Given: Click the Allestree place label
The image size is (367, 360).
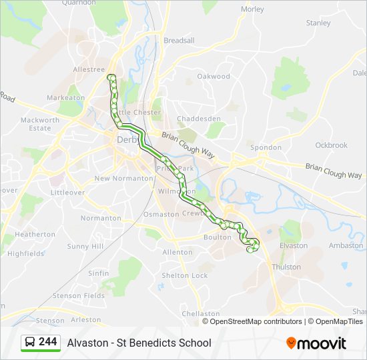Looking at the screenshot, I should (x=89, y=69).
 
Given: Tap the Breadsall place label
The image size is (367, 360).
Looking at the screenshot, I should (x=179, y=41).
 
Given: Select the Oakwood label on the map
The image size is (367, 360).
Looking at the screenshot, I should (x=214, y=77).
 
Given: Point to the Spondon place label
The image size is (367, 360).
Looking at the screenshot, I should (x=266, y=147).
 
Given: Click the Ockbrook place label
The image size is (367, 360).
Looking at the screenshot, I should (x=332, y=145).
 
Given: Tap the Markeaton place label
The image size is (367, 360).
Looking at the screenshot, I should (x=66, y=98).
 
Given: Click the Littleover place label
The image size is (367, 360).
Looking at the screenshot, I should (x=67, y=192).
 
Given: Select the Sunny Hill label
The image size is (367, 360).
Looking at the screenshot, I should (x=85, y=247).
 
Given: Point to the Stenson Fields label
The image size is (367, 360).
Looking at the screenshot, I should (x=79, y=295).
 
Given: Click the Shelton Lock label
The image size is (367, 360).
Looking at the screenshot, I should (x=185, y=276).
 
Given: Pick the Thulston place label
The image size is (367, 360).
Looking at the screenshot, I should (x=286, y=267).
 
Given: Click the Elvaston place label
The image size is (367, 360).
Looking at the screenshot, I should (x=294, y=246).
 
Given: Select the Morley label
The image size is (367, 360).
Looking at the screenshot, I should (x=252, y=9).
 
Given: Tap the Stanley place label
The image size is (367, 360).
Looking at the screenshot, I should (x=318, y=23).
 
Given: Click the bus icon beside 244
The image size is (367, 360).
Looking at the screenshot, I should (x=29, y=343).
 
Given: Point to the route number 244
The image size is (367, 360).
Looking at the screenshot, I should (x=47, y=342).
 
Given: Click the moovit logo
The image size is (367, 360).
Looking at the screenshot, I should (x=316, y=343).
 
